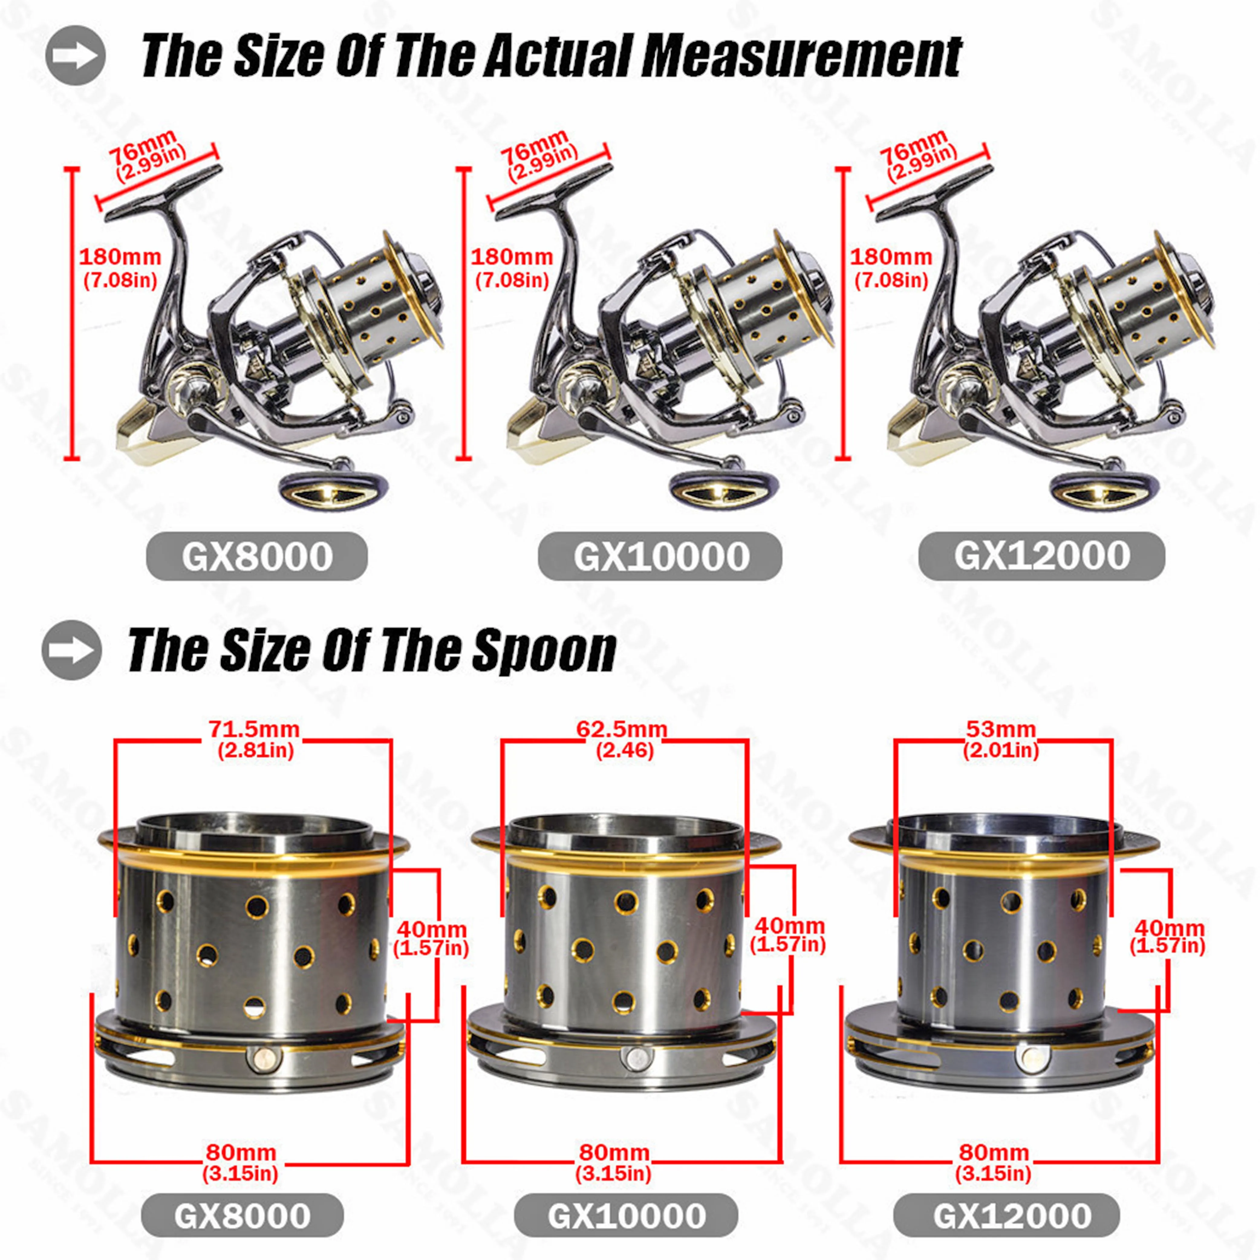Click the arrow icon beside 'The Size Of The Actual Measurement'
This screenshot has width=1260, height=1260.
(75, 55)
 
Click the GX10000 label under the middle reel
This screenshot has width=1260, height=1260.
(660, 556)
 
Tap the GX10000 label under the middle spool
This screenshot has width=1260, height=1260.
(626, 1216)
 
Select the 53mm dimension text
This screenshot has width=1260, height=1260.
(1001, 729)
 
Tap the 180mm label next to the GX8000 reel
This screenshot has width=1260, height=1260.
(120, 257)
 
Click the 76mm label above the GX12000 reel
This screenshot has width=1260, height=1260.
(913, 147)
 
